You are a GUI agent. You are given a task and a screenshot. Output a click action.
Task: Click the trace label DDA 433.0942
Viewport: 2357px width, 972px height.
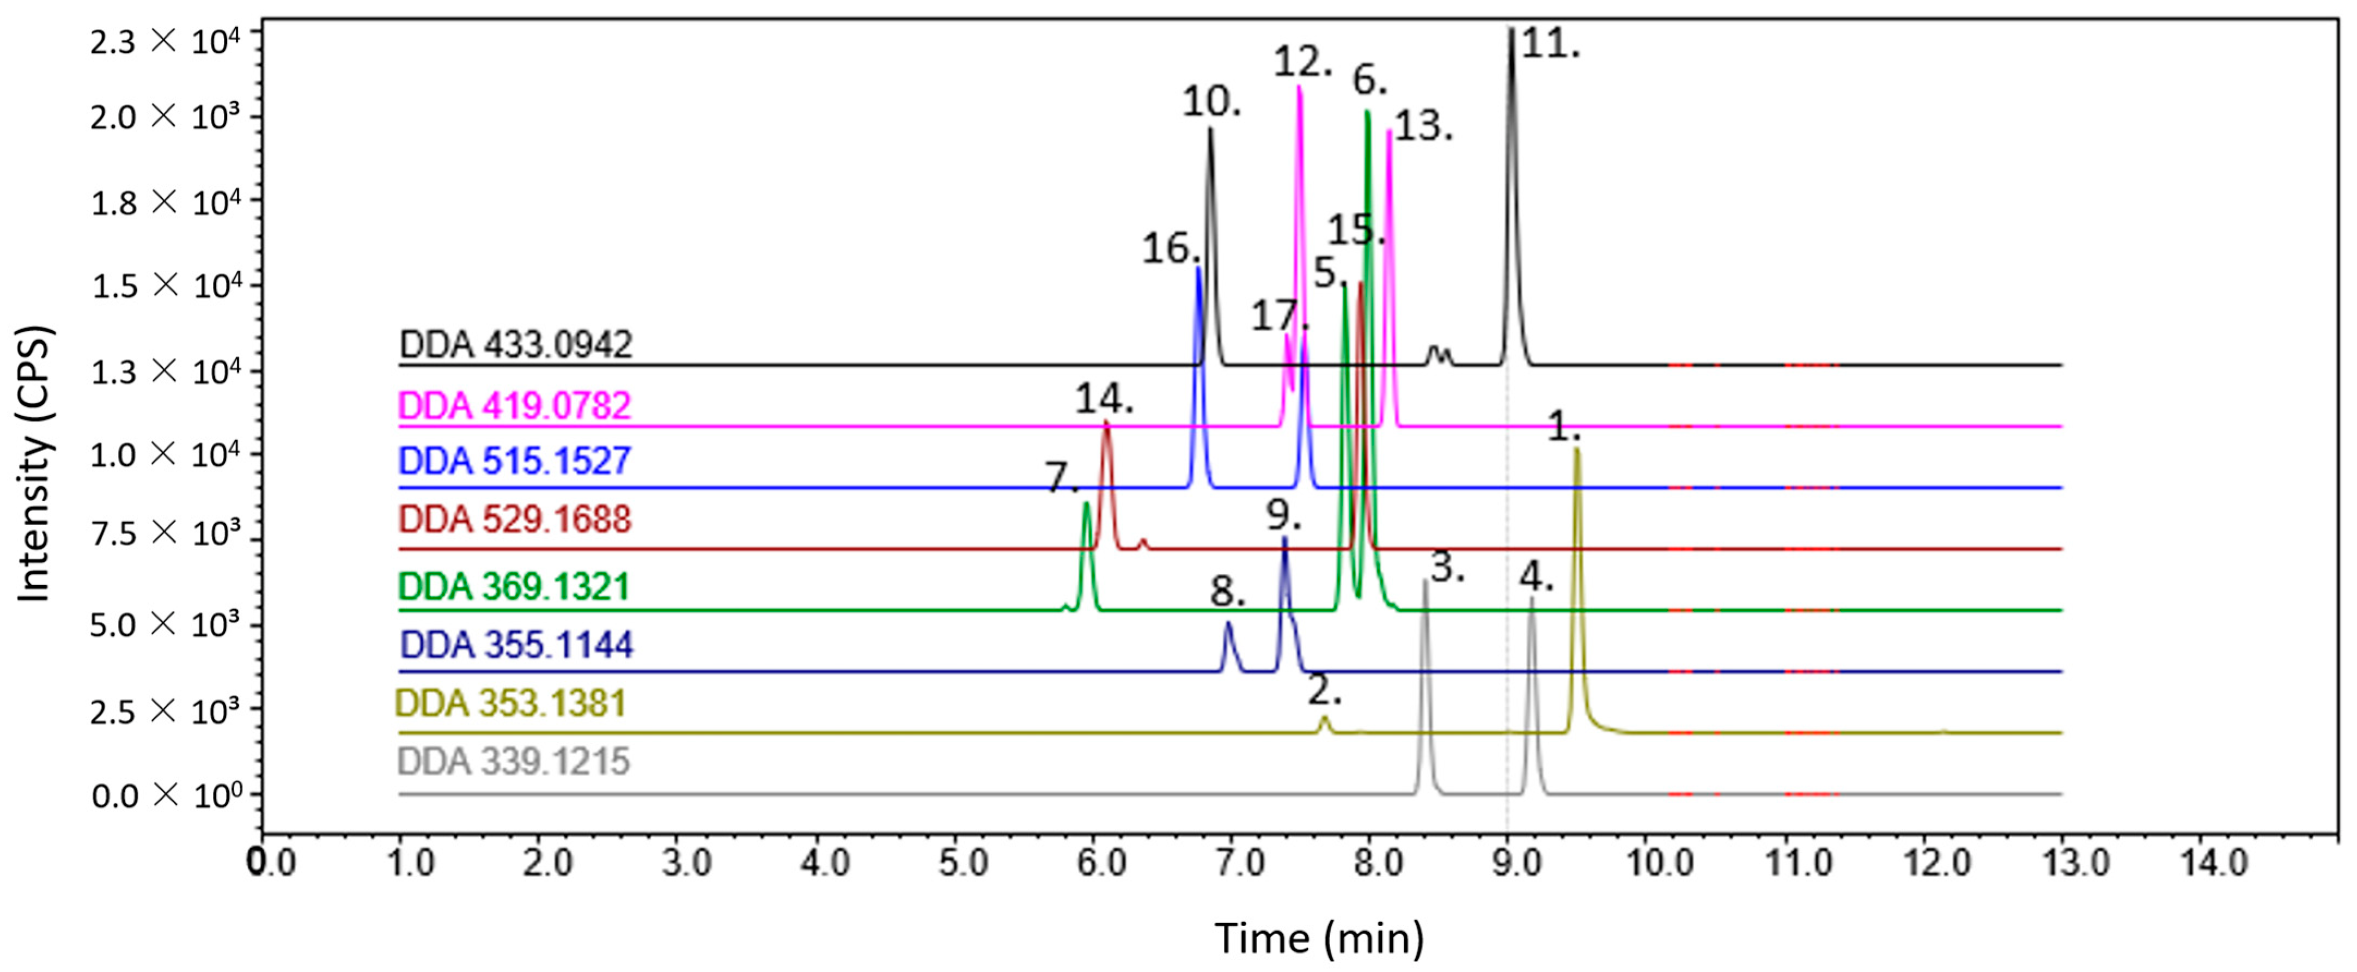[515, 345]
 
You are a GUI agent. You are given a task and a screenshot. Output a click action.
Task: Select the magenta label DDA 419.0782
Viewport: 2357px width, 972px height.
[515, 405]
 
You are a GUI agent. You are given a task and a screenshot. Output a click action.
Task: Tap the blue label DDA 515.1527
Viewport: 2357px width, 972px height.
[515, 460]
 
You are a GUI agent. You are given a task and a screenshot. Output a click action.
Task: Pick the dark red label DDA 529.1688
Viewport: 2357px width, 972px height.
[515, 520]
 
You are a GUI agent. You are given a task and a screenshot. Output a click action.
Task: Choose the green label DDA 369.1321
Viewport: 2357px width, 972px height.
[515, 586]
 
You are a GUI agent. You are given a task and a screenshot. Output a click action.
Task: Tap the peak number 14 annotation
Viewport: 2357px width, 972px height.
[1104, 400]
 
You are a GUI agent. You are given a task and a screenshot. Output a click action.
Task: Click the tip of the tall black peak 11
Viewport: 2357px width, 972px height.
[1512, 30]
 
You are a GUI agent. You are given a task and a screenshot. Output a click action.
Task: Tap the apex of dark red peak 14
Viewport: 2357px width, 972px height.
[1106, 422]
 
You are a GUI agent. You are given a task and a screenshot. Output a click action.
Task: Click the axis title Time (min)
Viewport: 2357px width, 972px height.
[1318, 937]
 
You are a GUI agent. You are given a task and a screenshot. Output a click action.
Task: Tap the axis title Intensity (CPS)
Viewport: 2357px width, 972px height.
[35, 464]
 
